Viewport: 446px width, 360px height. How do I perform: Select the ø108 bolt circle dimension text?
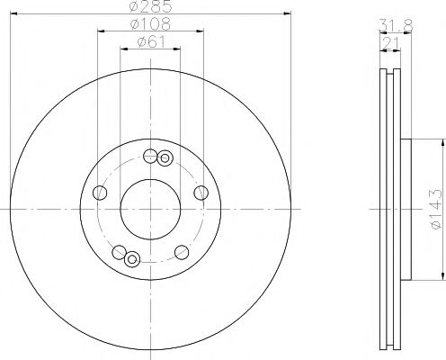[149, 24]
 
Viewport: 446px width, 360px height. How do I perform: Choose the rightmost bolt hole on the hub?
[200, 193]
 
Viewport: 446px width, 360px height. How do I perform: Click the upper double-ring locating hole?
[164, 159]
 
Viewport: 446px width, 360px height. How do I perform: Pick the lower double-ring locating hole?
[132, 261]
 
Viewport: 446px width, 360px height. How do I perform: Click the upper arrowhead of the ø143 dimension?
[442, 141]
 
